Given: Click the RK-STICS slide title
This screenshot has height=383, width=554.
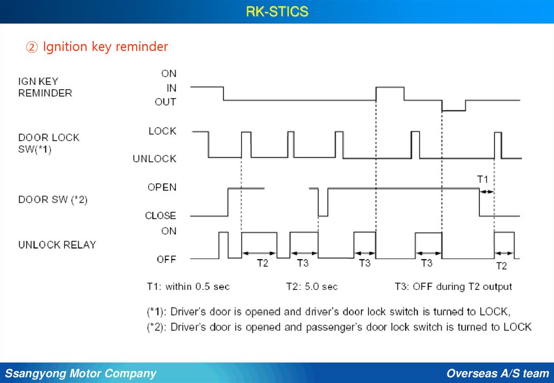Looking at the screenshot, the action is tap(277, 11).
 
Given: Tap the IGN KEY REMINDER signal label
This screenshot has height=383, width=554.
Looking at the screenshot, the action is tap(45, 88).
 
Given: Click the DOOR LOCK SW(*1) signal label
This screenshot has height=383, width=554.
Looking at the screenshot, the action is tap(49, 144).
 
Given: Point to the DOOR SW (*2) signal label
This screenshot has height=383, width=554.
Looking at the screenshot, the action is tap(53, 200).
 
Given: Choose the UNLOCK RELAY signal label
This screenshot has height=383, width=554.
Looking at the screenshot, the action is tap(57, 245).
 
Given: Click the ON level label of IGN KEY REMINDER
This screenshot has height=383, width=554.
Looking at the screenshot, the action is tap(169, 74).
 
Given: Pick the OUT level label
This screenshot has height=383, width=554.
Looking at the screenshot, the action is tap(166, 102).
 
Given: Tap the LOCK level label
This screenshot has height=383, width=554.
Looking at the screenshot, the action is tap(162, 131).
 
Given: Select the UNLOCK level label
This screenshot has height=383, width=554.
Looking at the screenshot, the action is tap(155, 159).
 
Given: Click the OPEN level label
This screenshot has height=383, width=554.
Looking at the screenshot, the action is tap(162, 187).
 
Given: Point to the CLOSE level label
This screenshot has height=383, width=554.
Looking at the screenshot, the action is tap(161, 215).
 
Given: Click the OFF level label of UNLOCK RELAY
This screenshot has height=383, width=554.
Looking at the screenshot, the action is tap(167, 259).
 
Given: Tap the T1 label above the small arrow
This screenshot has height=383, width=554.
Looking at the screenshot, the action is tap(483, 179).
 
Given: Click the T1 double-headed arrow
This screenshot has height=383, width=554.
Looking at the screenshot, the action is tap(487, 191).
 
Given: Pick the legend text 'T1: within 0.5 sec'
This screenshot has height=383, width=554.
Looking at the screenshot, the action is tap(188, 286).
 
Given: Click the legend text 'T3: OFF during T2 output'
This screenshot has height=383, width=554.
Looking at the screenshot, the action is tap(453, 286).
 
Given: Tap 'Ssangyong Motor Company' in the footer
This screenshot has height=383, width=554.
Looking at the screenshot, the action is tap(81, 373).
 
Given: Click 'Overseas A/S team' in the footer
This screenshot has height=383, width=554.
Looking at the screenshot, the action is tap(498, 373).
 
